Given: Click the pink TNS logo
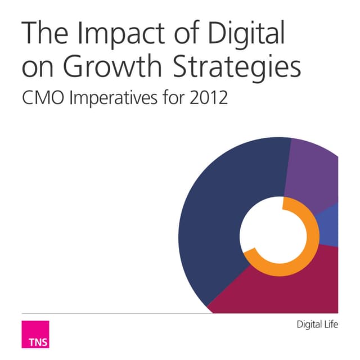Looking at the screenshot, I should click(x=35, y=335).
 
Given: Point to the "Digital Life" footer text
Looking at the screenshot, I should click(x=317, y=325).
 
